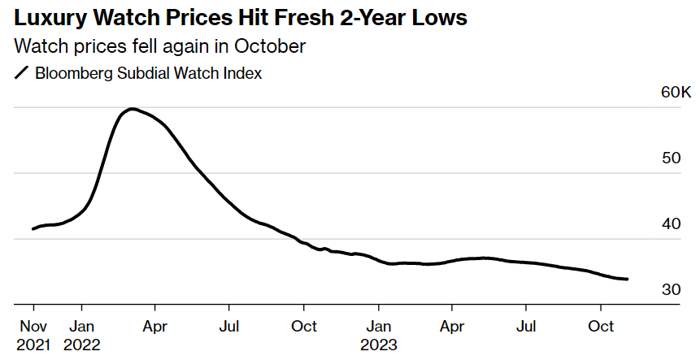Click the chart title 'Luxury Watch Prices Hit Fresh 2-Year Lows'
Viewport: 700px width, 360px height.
click(241, 18)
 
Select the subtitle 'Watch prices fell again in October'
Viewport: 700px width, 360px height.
click(160, 46)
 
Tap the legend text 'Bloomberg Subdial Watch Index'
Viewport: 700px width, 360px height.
click(149, 73)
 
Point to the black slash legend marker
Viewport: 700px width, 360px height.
click(22, 73)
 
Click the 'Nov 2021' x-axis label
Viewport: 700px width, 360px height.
click(33, 334)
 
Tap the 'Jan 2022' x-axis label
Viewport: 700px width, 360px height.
click(81, 334)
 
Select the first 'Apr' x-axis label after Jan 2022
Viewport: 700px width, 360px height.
click(154, 326)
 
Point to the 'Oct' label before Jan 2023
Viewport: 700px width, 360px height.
click(304, 326)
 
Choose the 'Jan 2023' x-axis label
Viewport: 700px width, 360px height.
click(378, 334)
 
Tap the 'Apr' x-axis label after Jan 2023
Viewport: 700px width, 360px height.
click(452, 326)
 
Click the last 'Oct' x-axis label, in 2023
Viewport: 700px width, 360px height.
click(601, 326)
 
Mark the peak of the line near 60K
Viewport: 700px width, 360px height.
click(132, 109)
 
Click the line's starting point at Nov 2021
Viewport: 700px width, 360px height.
click(33, 228)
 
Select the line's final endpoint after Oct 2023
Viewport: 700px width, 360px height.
click(627, 279)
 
